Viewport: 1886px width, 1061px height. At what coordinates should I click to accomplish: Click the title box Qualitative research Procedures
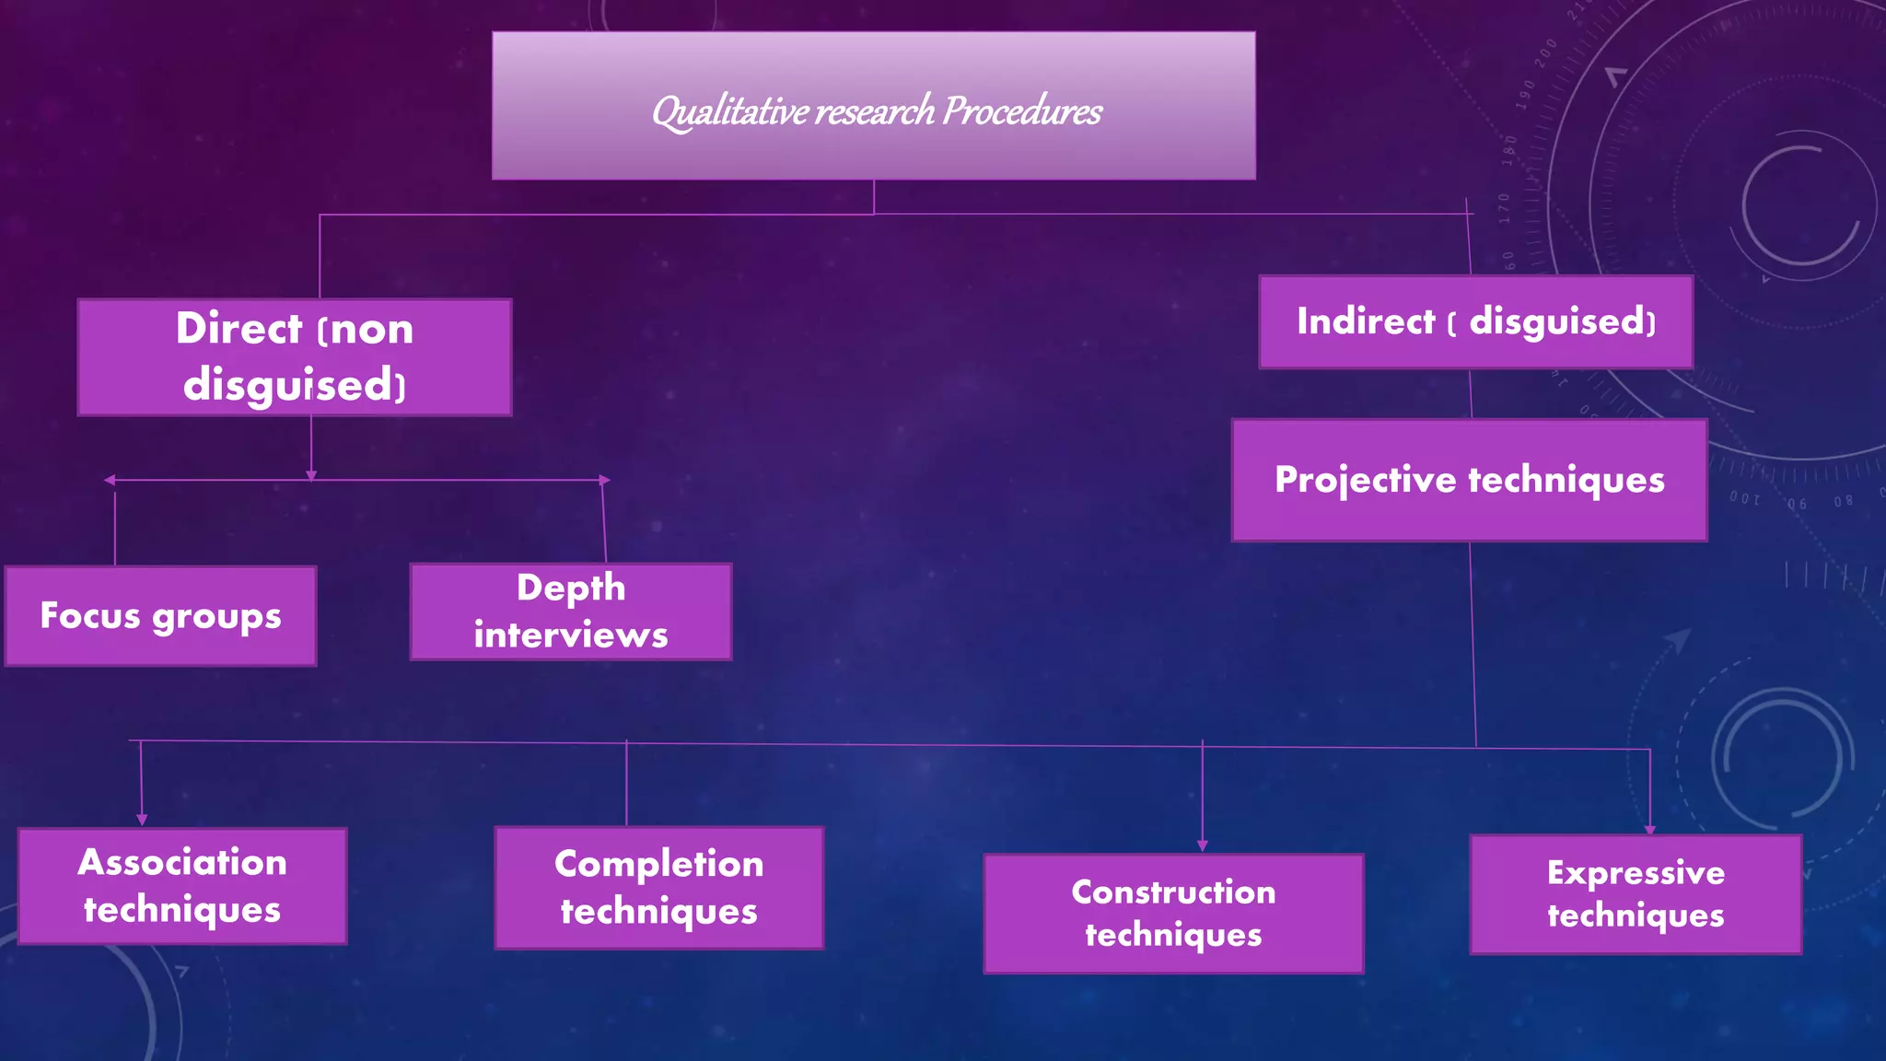click(x=873, y=105)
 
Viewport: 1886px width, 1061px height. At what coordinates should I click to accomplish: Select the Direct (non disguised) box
click(x=295, y=357)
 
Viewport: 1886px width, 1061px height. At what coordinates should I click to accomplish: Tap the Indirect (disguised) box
click(x=1475, y=321)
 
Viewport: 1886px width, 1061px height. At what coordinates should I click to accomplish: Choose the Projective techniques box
click(x=1469, y=480)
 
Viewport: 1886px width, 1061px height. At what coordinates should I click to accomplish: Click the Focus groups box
click(x=160, y=615)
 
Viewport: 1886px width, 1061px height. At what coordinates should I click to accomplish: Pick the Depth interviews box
click(x=571, y=612)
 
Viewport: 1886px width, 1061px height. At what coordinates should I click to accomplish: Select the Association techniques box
click(x=182, y=886)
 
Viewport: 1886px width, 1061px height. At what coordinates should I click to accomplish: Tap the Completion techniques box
click(x=658, y=888)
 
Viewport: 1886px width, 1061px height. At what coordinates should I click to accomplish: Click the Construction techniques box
click(x=1173, y=913)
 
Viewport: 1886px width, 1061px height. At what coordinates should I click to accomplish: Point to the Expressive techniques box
click(x=1636, y=894)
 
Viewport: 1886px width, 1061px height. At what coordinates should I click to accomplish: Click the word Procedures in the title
click(x=1022, y=111)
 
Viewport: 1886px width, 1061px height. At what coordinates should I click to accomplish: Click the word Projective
click(x=1365, y=480)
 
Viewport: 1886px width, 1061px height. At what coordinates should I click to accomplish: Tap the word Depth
click(x=571, y=589)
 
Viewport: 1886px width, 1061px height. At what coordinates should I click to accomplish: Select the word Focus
click(x=90, y=615)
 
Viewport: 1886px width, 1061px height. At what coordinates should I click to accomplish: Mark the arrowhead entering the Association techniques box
click(x=142, y=820)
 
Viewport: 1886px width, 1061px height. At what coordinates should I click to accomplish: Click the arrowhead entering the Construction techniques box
click(x=1202, y=845)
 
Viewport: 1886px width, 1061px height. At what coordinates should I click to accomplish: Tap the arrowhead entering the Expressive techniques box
click(x=1649, y=829)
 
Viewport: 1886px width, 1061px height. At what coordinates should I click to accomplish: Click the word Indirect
click(x=1365, y=321)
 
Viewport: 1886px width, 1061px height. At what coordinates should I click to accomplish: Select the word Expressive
click(x=1636, y=872)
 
